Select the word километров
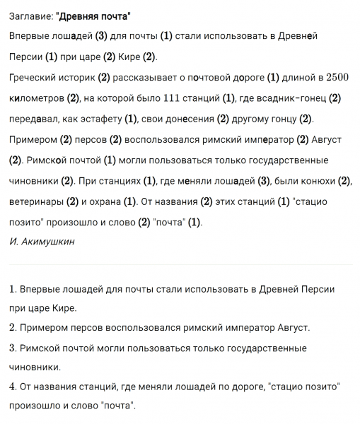pyautogui.click(x=38, y=98)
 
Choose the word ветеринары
pyautogui.click(x=37, y=201)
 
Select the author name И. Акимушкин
pyautogui.click(x=42, y=241)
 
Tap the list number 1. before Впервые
pyautogui.click(x=14, y=290)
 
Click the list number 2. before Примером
pyautogui.click(x=14, y=328)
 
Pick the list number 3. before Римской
pyautogui.click(x=14, y=348)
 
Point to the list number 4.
pyautogui.click(x=14, y=387)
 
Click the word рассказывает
pyautogui.click(x=157, y=77)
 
